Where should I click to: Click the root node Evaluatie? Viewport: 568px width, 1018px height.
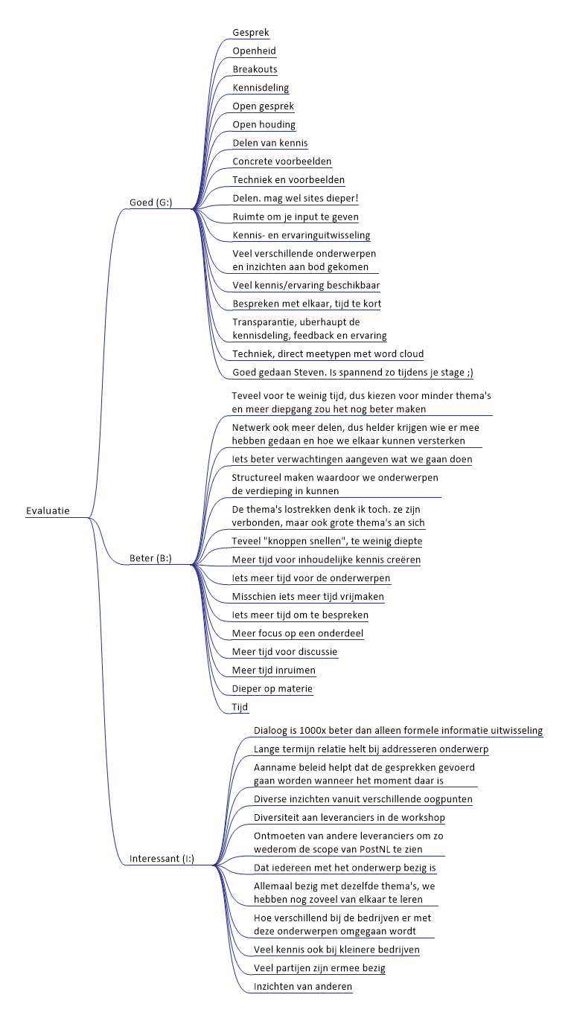(48, 510)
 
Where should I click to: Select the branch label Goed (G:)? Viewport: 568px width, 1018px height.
(151, 202)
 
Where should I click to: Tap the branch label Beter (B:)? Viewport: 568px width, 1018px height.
(150, 558)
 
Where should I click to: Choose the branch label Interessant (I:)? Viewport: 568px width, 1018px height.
(162, 859)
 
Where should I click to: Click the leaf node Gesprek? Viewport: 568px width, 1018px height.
(251, 33)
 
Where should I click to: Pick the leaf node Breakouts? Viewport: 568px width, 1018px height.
(255, 69)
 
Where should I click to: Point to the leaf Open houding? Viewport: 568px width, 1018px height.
(264, 124)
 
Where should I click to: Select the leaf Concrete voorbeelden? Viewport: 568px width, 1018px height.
(282, 161)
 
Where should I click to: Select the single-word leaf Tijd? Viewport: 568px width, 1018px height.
(240, 707)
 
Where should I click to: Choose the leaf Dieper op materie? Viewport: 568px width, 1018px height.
(272, 688)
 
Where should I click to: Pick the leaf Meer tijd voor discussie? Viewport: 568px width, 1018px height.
(284, 652)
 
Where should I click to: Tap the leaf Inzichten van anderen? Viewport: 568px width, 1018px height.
(303, 986)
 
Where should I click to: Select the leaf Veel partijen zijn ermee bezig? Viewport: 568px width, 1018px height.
(319, 968)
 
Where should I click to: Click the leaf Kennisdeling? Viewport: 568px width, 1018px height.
(261, 88)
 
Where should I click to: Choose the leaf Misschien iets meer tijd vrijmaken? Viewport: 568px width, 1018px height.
(308, 596)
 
